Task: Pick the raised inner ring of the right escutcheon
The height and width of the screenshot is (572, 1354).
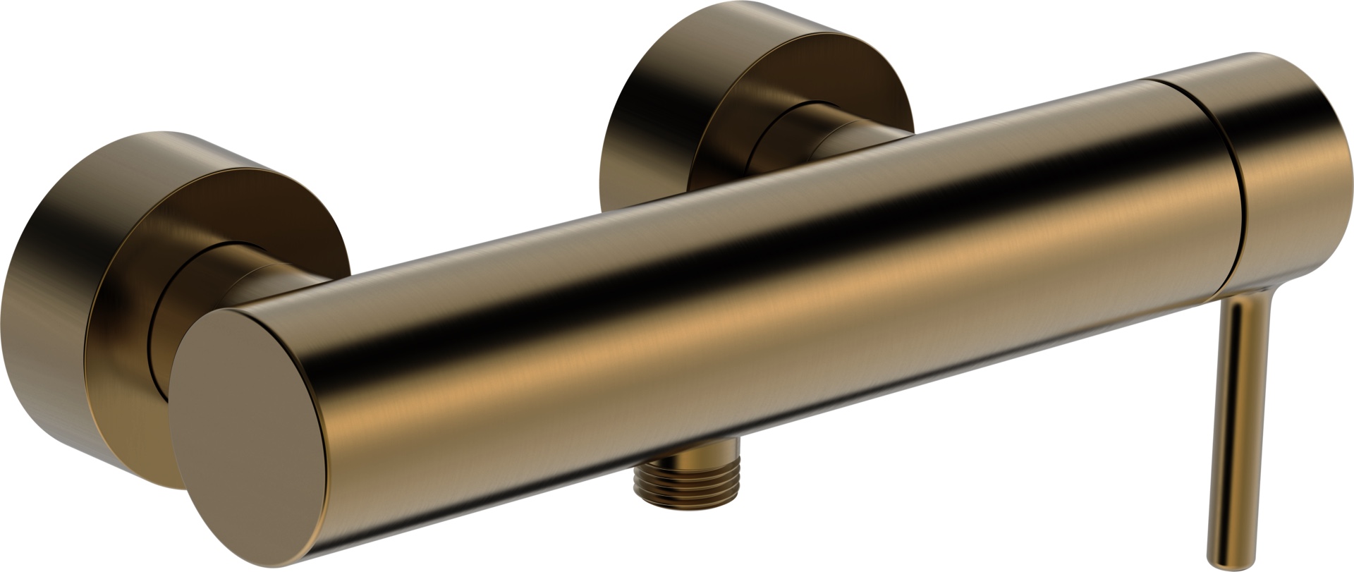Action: click(783, 127)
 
